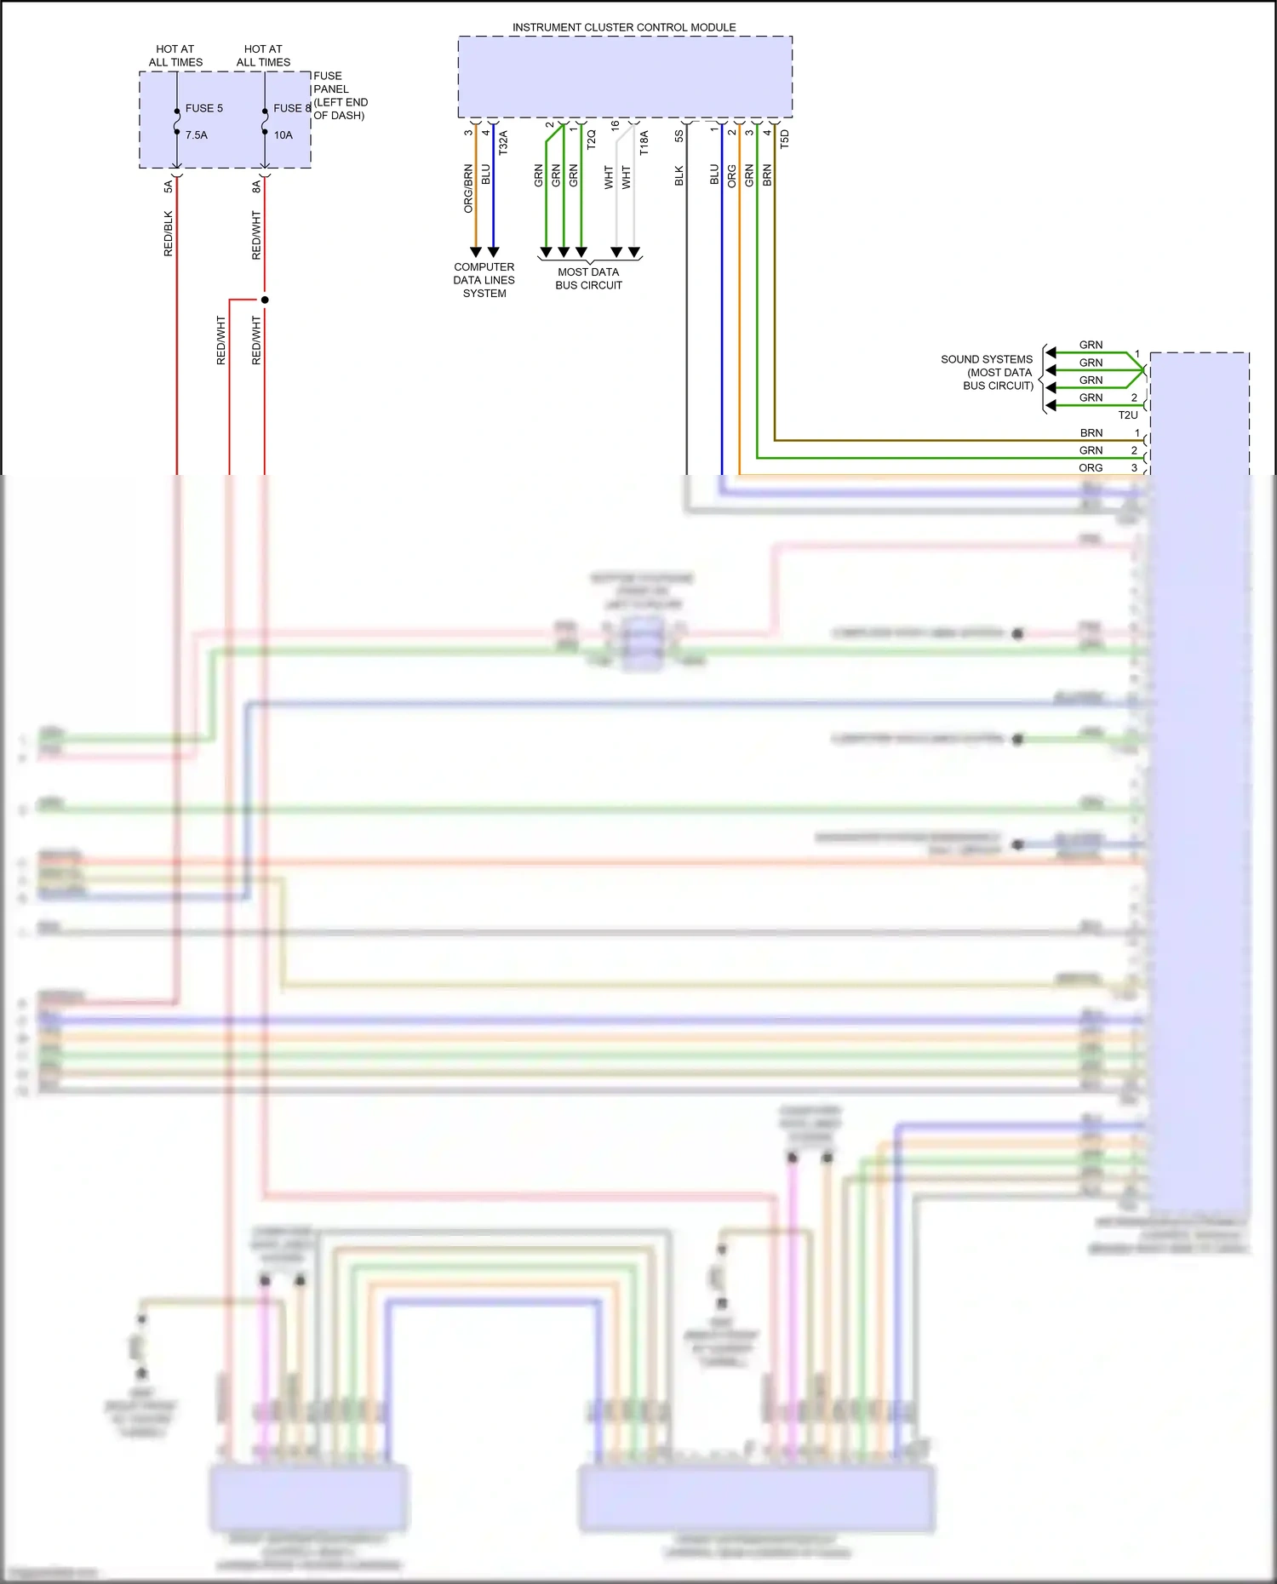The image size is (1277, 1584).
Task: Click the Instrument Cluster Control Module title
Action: (624, 27)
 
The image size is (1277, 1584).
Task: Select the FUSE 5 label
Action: (204, 108)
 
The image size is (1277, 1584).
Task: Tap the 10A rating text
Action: (283, 134)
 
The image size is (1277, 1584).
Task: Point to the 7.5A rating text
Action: (197, 134)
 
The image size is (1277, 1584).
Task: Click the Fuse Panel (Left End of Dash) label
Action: (340, 95)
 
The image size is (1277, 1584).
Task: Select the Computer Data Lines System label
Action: (484, 279)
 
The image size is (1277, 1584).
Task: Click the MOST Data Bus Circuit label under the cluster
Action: (588, 278)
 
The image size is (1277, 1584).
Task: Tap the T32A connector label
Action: (503, 141)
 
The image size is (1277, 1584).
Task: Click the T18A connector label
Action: (644, 142)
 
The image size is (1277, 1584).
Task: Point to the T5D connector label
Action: (784, 140)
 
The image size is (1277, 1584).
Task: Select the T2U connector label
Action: (1127, 415)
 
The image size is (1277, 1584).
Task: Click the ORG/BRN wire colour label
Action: (468, 188)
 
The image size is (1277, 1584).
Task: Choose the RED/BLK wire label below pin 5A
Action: (168, 233)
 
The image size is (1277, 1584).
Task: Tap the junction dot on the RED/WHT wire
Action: (265, 300)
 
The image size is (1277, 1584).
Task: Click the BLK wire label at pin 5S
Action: (679, 175)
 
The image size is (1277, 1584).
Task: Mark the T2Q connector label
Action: (591, 140)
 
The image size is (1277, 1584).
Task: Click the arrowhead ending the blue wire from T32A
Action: (493, 252)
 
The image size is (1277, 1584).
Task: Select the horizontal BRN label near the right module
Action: (1091, 432)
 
